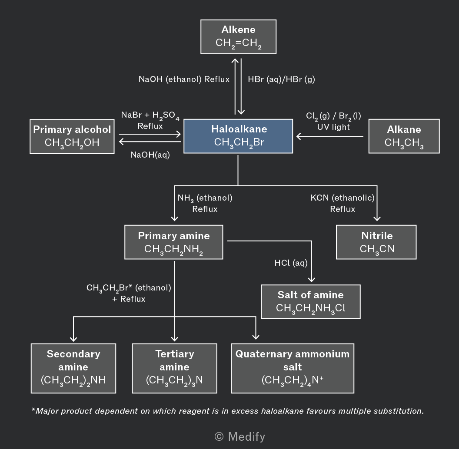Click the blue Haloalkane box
238,136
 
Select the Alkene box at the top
238,37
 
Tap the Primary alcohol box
72,136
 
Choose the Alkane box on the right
404,136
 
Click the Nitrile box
376,242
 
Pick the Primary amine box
173,242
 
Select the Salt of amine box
311,301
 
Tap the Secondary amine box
73,368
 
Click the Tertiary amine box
174,368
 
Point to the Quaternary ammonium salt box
293,368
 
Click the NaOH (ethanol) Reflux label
184,79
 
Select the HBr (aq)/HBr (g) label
281,79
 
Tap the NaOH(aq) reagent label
150,155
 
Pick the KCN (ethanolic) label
343,198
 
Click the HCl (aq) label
291,263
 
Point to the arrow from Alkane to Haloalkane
330,136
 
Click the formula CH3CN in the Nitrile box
377,249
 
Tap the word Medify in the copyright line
246,437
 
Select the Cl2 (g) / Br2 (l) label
333,116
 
